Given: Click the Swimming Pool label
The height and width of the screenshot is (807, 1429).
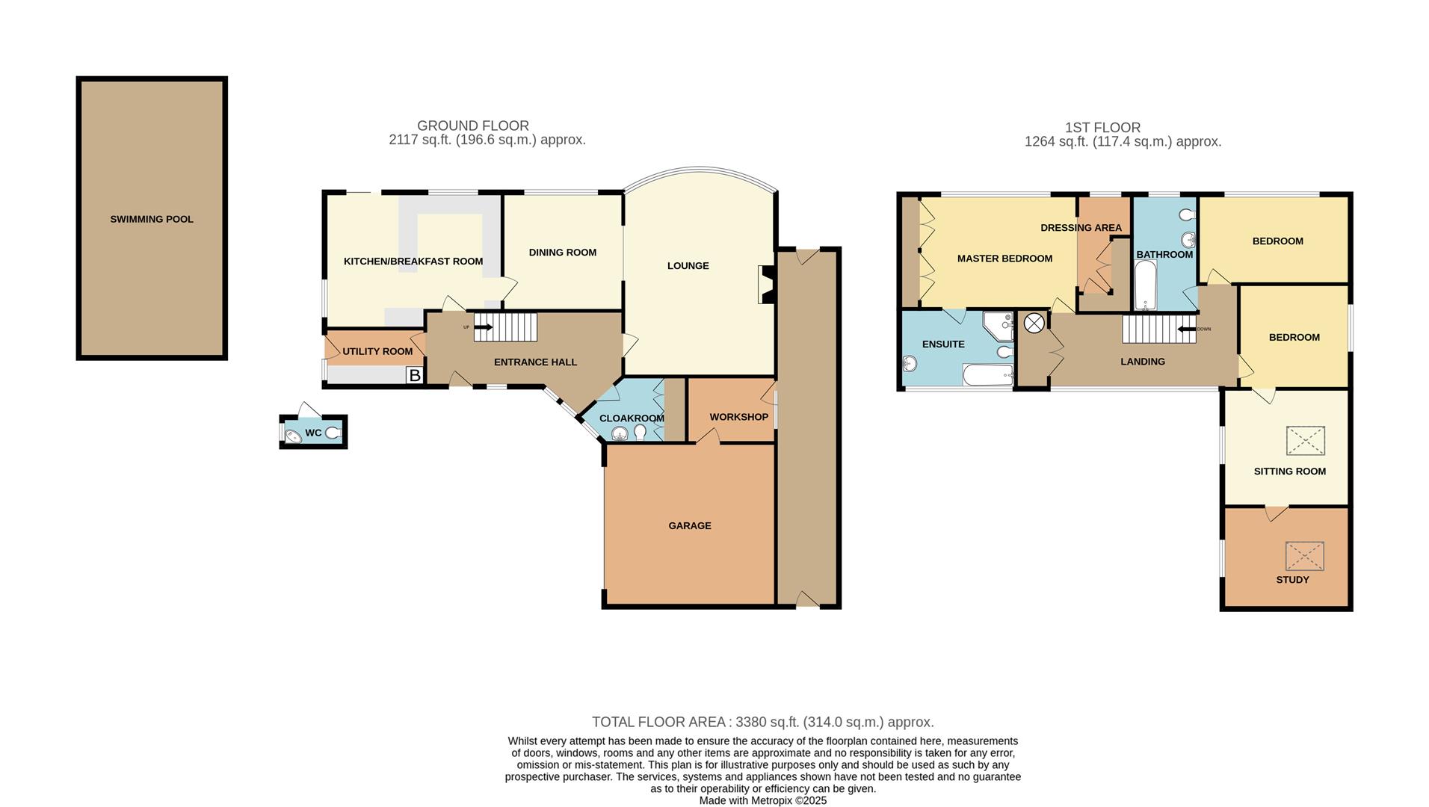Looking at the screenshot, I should tap(152, 219).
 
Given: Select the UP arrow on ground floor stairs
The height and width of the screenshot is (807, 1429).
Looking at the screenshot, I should tap(483, 327).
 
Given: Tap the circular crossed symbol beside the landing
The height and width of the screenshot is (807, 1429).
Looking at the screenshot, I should tap(1034, 323).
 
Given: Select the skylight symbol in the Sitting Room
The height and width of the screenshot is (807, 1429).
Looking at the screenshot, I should tap(1305, 441).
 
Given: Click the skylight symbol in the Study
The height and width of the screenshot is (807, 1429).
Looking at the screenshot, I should tap(1304, 556).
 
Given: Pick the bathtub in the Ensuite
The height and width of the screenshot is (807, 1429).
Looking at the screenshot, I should tap(987, 375).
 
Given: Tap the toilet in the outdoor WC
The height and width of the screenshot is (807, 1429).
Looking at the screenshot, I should tap(333, 433).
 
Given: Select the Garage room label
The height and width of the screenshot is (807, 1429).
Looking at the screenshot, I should tap(689, 525).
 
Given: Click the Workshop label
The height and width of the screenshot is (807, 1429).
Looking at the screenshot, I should tap(738, 417).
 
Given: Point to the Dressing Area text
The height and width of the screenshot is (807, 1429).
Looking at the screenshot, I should tap(1081, 227).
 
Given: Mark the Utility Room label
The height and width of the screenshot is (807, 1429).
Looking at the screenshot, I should tap(377, 351).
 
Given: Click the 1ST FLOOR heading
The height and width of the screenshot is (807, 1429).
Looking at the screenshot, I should tap(1102, 128).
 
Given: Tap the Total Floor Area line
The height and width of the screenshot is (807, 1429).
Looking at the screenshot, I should tap(762, 722).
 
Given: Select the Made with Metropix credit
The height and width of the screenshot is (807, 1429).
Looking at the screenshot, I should tap(762, 800).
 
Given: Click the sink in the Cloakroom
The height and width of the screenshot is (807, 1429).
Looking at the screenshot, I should tap(619, 433).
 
